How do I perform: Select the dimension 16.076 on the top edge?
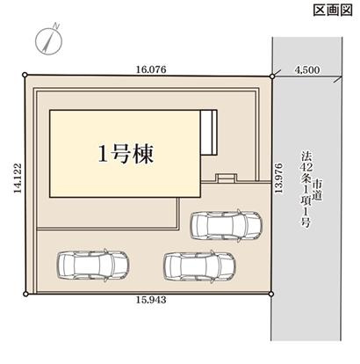tap(150, 67)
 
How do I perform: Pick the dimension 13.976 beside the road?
tap(278, 183)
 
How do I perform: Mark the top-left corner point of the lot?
tap(26, 76)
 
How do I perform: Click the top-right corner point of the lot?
tap(271, 76)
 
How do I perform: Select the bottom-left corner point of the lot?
tap(26, 291)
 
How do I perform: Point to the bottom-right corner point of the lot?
tap(271, 291)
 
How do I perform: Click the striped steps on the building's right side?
tap(209, 132)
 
